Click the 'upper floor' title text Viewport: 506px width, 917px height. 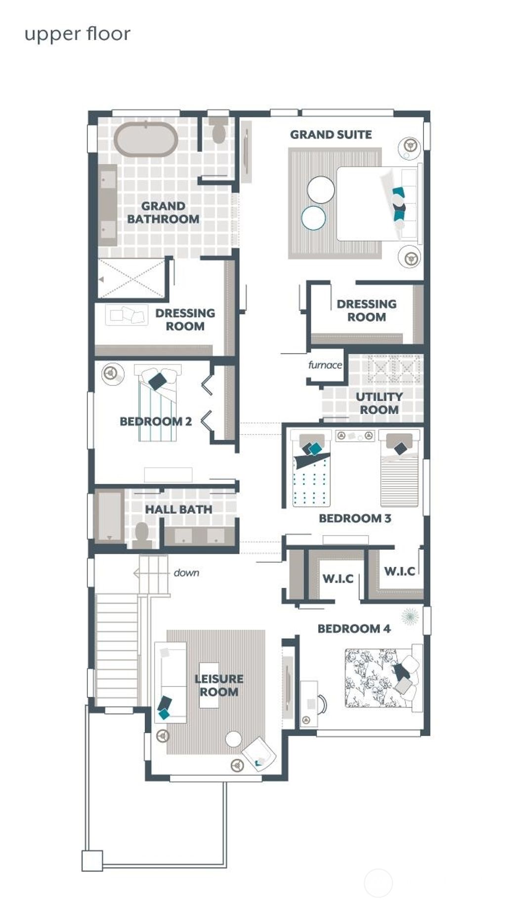pyautogui.click(x=77, y=34)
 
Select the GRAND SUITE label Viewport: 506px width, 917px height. pyautogui.click(x=331, y=134)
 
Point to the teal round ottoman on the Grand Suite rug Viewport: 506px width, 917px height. pyautogui.click(x=313, y=218)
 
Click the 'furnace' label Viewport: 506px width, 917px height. pyautogui.click(x=325, y=365)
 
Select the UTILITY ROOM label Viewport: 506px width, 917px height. pyautogui.click(x=379, y=403)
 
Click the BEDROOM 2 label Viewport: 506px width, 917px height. pyautogui.click(x=156, y=421)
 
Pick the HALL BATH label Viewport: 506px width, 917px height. pyautogui.click(x=178, y=509)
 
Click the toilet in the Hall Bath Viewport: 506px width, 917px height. pyautogui.click(x=142, y=535)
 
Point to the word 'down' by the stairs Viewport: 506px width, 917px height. pyautogui.click(x=186, y=573)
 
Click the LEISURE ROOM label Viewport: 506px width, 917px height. pyautogui.click(x=218, y=685)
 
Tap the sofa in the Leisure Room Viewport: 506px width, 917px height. pyautogui.click(x=170, y=682)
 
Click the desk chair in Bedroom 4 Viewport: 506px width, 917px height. pyautogui.click(x=322, y=704)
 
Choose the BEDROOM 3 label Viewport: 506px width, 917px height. pyautogui.click(x=355, y=518)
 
